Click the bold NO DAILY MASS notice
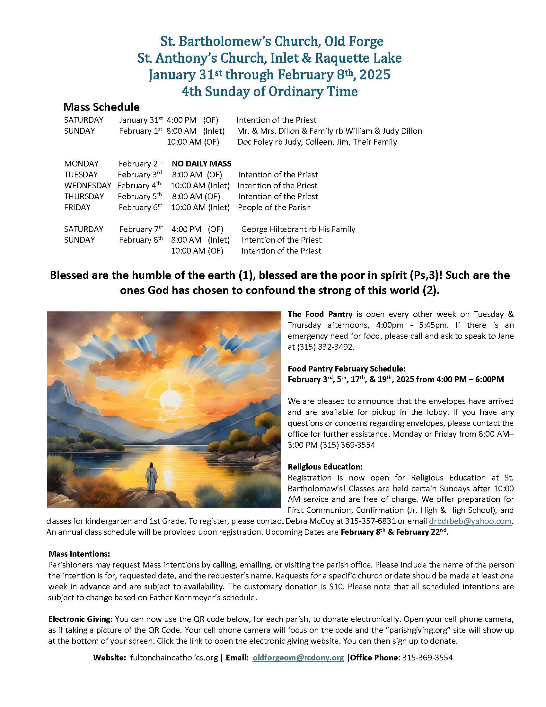pyautogui.click(x=201, y=164)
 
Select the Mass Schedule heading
pyautogui.click(x=101, y=107)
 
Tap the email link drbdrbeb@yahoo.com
pyautogui.click(x=470, y=521)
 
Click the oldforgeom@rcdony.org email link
pyautogui.click(x=298, y=658)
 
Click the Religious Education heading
pyautogui.click(x=325, y=467)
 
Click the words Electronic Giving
pyautogui.click(x=80, y=619)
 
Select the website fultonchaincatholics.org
pyautogui.click(x=174, y=658)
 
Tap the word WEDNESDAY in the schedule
pyautogui.click(x=88, y=185)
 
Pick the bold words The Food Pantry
pyautogui.click(x=320, y=314)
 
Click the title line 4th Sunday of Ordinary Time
pyautogui.click(x=269, y=91)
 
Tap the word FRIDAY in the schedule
pyautogui.click(x=77, y=207)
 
